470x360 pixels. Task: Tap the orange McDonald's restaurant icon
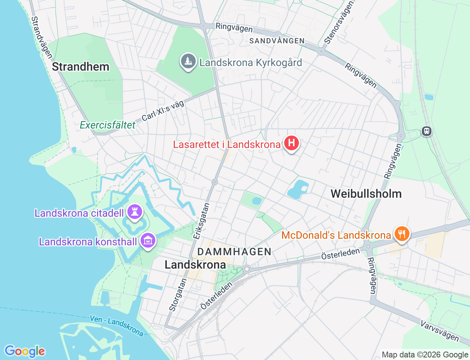pos(402,233)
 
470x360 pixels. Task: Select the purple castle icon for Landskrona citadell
pos(135,212)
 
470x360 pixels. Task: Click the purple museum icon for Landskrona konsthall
pos(148,241)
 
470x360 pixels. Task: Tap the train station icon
pos(426,131)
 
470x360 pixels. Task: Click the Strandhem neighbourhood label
pos(80,67)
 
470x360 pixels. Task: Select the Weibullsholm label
pos(366,194)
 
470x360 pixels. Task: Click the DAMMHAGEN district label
pos(234,252)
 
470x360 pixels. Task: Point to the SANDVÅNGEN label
pos(277,41)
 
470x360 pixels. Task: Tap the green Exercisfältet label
pos(108,125)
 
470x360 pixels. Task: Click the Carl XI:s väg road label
pos(163,111)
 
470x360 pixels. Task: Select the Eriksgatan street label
pos(202,221)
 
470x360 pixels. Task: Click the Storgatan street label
pos(178,295)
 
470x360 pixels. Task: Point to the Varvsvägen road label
pos(440,330)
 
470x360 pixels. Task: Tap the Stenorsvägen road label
pos(339,23)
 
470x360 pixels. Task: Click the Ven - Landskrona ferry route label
pos(117,325)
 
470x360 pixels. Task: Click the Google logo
pos(25,351)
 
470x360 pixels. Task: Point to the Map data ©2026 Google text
pos(425,355)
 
